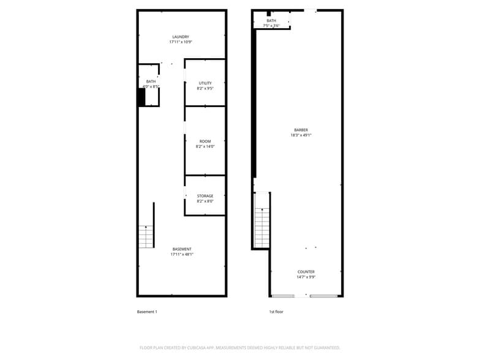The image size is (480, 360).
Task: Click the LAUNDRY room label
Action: click(x=181, y=37)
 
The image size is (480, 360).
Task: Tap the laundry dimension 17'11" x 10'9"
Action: click(x=181, y=42)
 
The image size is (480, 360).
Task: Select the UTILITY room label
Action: click(x=205, y=83)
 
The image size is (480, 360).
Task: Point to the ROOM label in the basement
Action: click(x=205, y=141)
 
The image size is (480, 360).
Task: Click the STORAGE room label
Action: click(x=205, y=196)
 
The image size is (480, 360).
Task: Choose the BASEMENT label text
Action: click(x=182, y=249)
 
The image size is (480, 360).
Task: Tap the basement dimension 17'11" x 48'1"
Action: click(x=182, y=255)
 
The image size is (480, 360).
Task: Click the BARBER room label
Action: click(x=301, y=130)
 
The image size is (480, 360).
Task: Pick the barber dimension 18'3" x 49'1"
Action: click(x=301, y=135)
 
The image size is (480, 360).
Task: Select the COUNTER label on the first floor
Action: click(x=306, y=272)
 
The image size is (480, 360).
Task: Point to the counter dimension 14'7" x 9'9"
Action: click(x=306, y=277)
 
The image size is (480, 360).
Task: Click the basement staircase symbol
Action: click(x=146, y=236)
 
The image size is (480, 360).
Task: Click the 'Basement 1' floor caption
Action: click(x=147, y=312)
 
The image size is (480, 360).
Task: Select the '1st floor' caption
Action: click(x=276, y=312)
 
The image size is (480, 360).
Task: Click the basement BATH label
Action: click(x=151, y=81)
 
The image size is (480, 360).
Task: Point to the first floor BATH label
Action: click(x=271, y=21)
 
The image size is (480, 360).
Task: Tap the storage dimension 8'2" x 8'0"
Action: click(x=205, y=201)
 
